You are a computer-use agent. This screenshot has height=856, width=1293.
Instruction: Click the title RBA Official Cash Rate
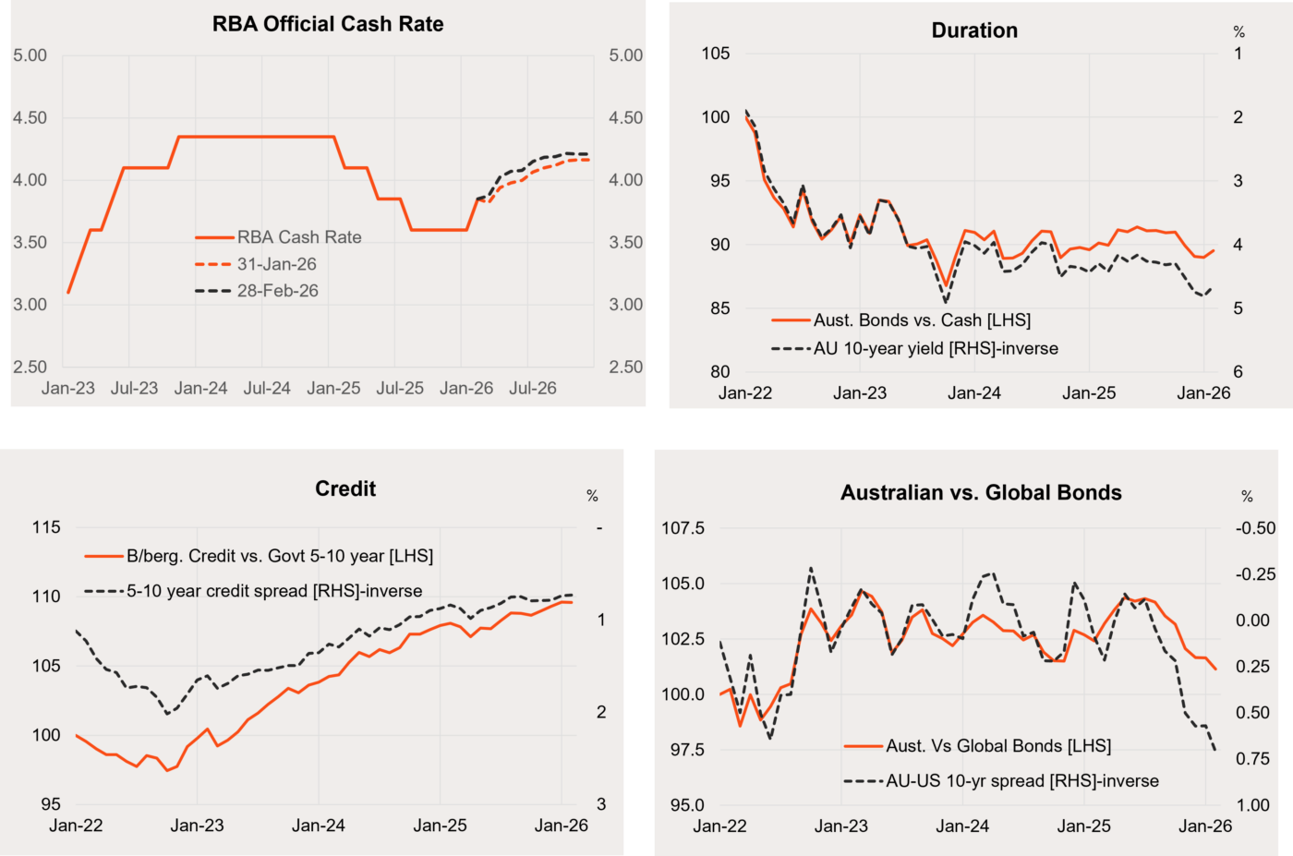328,24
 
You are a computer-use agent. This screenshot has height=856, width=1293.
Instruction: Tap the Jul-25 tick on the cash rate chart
400,389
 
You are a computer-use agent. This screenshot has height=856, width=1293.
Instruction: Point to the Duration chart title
974,30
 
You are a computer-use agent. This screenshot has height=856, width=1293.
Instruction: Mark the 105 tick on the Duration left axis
716,54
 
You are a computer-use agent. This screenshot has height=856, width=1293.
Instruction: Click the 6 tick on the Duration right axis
1238,372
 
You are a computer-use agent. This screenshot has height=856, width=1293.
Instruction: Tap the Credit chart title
345,488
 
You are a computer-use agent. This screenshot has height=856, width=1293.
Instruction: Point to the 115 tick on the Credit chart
46,527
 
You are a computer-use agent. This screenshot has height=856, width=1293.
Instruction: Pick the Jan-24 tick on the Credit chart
319,826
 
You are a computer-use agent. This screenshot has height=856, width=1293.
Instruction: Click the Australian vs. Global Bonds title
981,493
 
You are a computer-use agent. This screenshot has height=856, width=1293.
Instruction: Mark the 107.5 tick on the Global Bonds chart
683,528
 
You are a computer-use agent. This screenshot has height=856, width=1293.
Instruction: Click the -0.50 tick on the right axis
1256,528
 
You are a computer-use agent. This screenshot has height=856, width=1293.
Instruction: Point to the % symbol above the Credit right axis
592,497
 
